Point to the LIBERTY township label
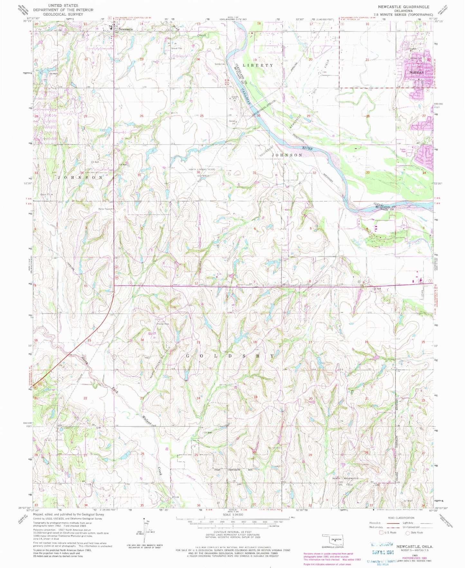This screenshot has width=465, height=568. click(258, 65)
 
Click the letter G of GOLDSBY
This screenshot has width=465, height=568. click(188, 356)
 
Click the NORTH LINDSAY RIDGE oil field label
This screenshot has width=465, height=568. click(202, 169)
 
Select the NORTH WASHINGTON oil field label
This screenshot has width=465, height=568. click(345, 479)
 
